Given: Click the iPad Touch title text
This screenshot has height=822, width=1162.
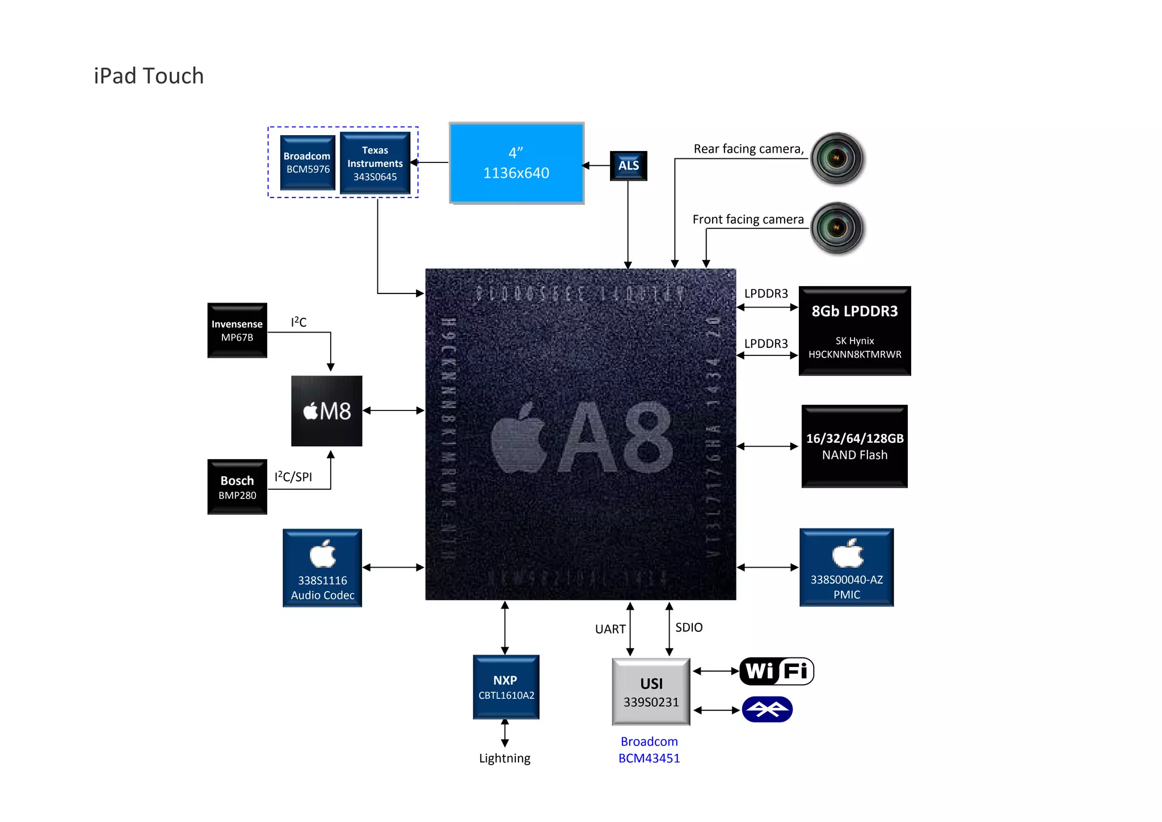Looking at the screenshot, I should (149, 76).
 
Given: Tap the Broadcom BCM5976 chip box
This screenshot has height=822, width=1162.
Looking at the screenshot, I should (308, 163).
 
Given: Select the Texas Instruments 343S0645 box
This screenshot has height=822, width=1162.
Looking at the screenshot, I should (375, 163).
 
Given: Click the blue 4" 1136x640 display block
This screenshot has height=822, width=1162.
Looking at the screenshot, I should (516, 163).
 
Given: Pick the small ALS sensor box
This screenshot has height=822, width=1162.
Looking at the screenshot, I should (628, 166).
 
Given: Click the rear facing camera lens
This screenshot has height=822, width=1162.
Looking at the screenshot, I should (837, 158).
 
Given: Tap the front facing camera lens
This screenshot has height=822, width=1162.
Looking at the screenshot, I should (837, 228).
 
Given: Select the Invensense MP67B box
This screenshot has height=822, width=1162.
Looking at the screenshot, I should (237, 330).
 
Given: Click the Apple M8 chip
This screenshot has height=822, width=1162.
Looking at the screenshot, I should (327, 411).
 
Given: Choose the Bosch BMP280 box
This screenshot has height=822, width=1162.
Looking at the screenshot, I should (237, 487).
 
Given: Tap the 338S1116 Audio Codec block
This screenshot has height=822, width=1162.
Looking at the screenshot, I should (322, 568).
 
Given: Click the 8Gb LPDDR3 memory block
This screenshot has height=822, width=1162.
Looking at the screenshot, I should (854, 331).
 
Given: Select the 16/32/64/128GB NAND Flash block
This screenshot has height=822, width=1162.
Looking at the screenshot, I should (854, 446).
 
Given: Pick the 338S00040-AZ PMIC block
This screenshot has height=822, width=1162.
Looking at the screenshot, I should (847, 568).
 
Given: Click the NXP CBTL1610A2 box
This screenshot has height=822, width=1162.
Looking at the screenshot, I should (506, 687).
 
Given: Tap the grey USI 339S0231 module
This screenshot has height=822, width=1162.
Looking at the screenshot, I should (651, 692).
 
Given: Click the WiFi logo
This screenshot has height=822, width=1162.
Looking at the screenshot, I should (776, 672).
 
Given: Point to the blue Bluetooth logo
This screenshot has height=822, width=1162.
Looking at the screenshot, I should (767, 710).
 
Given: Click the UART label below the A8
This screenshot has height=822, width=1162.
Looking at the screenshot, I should (610, 629).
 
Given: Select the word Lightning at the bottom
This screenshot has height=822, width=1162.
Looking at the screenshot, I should (504, 758).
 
